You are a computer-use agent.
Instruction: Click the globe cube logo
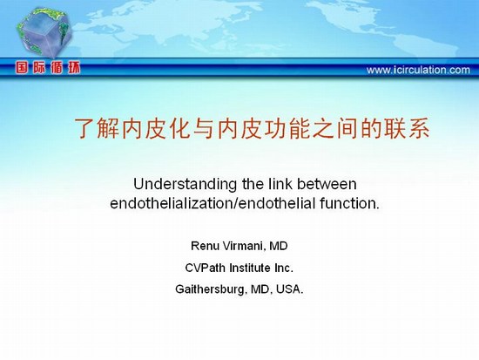click(44, 32)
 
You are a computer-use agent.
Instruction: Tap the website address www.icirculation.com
click(418, 70)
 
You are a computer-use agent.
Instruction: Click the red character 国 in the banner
click(22, 68)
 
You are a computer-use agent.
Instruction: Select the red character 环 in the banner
click(74, 68)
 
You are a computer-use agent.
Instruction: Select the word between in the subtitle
click(327, 184)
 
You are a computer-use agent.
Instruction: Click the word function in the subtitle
click(349, 203)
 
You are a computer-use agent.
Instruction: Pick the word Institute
click(250, 268)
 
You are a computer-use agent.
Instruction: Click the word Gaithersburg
click(210, 289)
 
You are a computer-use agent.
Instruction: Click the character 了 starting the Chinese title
click(84, 128)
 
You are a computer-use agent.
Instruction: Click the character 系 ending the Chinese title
click(419, 128)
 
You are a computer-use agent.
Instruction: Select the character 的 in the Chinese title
click(371, 128)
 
